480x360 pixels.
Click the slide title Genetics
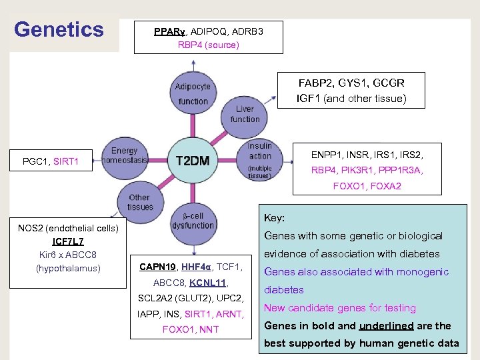click(59, 29)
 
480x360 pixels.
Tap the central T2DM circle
click(193, 160)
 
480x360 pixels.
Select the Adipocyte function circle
click(193, 93)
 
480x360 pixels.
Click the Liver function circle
click(245, 114)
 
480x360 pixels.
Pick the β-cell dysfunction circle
click(193, 221)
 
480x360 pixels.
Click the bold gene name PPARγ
click(170, 31)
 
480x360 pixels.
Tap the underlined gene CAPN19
click(157, 267)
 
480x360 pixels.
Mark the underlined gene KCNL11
click(208, 283)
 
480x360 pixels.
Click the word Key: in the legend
click(275, 218)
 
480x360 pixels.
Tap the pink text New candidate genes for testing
click(340, 308)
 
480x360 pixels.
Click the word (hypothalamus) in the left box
click(68, 269)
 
